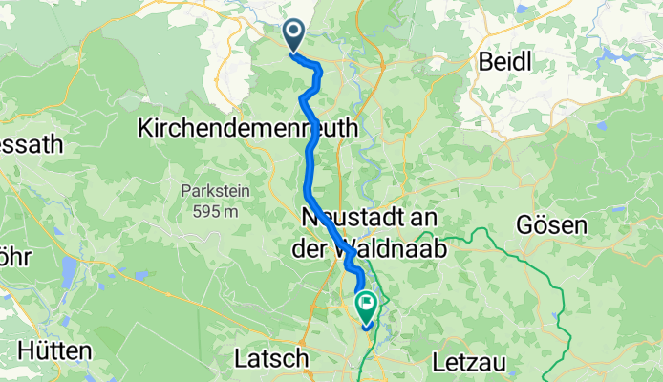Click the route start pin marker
pos(291,35)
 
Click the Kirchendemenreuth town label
pos(248,127)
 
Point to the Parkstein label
pos(214,191)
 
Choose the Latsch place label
pos(271,359)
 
